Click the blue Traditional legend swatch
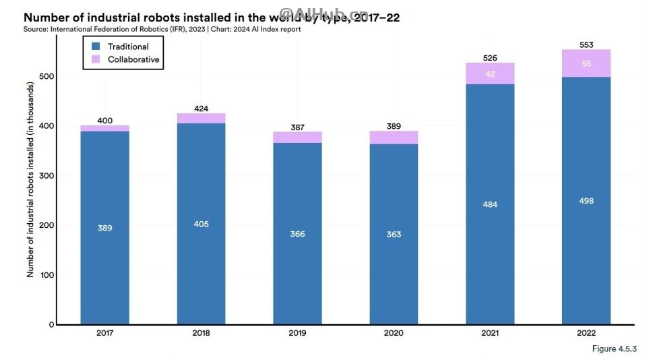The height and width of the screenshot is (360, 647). (x=96, y=47)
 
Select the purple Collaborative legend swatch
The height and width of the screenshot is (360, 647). (x=96, y=59)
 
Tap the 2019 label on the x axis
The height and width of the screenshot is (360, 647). (x=297, y=333)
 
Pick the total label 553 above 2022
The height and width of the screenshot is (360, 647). (x=586, y=44)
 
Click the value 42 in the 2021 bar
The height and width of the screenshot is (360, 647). (x=490, y=73)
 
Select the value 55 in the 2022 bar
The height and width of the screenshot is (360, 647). (x=586, y=63)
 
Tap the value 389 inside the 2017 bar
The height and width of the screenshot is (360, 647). (x=104, y=228)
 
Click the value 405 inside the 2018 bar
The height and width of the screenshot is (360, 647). (x=201, y=224)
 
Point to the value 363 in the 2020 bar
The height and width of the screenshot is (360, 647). (x=394, y=235)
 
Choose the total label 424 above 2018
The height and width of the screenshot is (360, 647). (x=201, y=109)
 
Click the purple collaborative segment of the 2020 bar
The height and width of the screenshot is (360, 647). (x=394, y=138)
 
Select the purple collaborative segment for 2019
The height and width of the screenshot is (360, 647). (x=297, y=138)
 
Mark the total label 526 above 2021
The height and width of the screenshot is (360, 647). (x=490, y=58)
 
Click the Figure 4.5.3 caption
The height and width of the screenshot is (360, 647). (x=614, y=349)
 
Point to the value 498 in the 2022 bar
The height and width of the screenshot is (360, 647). (x=586, y=201)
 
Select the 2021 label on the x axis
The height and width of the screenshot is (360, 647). (x=490, y=333)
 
